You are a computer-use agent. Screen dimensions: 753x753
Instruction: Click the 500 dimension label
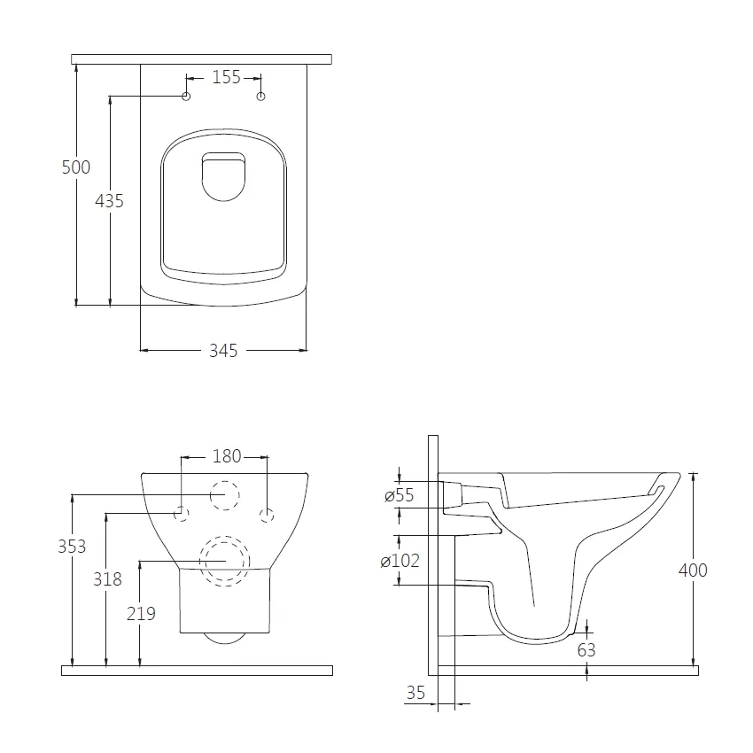pos(76,167)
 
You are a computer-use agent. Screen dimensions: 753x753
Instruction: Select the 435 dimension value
pos(109,201)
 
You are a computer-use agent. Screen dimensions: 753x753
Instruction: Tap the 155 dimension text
pos(227,77)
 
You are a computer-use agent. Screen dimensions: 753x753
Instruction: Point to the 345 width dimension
pos(223,351)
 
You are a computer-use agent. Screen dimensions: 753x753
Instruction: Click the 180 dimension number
pos(227,456)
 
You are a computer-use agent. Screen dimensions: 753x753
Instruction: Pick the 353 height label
pos(72,547)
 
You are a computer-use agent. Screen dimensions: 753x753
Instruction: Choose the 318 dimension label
pos(107,579)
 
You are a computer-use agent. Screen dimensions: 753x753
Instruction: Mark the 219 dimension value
pos(141,614)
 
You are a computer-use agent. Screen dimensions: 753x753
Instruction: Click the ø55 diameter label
pos(399,495)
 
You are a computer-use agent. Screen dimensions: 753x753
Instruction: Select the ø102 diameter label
pos(400,561)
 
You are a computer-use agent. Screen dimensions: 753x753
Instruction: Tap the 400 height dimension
pos(693,570)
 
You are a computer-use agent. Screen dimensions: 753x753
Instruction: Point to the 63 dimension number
pos(586,650)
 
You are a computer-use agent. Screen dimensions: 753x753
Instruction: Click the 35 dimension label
pos(415,693)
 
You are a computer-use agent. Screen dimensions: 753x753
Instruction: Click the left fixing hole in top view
pos(186,96)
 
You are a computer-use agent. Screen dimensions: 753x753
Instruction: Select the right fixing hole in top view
pos(260,97)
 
